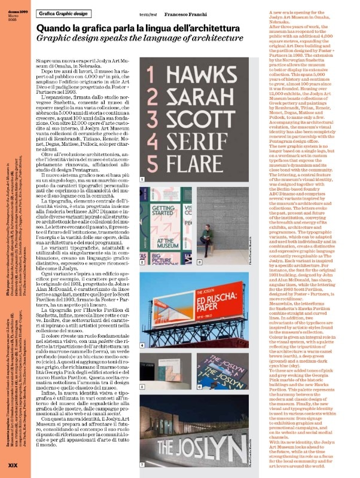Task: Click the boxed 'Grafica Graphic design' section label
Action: (64, 13)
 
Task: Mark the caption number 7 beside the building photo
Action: (142, 464)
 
